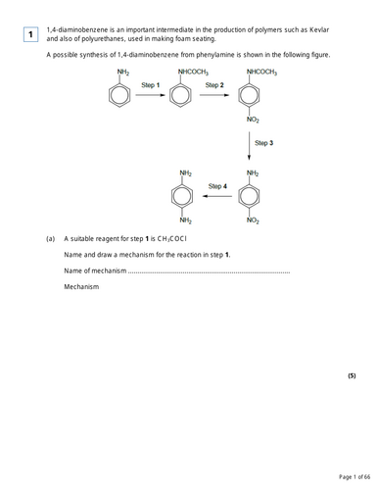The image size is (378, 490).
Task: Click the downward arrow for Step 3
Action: coord(251,145)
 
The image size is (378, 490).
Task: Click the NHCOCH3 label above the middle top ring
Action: coord(192,73)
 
